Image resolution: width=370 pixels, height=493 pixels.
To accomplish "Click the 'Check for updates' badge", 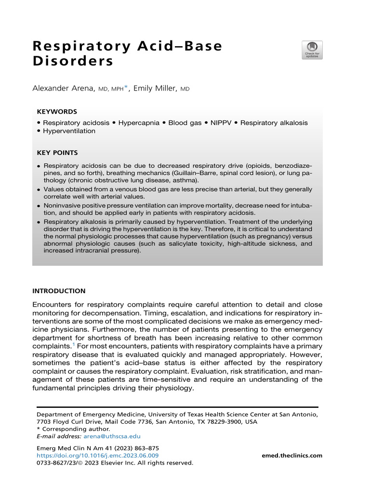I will (x=312, y=50).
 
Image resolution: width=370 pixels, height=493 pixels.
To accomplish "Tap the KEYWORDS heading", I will (x=56, y=111).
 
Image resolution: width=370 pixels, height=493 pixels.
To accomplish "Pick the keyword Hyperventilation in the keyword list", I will (x=69, y=131).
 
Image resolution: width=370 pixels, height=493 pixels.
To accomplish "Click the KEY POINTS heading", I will (x=57, y=153).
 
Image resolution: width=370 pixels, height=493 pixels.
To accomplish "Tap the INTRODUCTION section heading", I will (x=58, y=291).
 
